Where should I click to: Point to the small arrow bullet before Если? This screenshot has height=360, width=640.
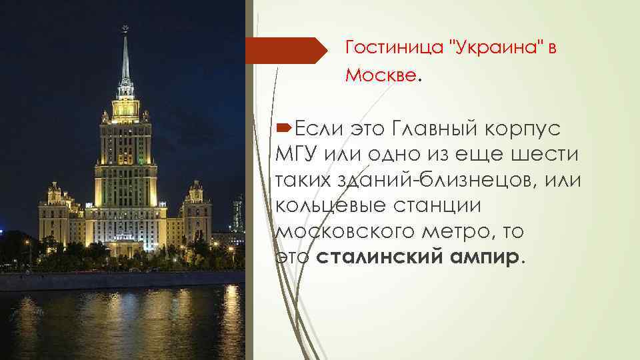click(284, 127)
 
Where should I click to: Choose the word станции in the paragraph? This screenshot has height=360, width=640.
click(427, 205)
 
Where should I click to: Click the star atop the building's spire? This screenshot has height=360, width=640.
click(123, 28)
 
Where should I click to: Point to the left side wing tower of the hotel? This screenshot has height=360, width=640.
click(54, 210)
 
